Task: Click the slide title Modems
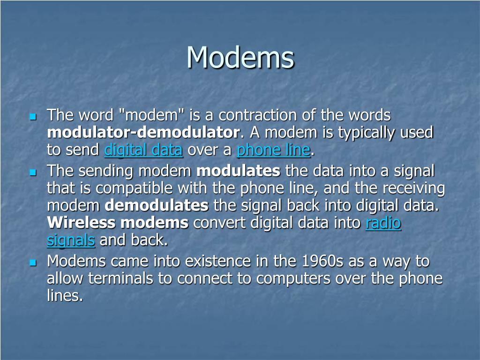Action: pyautogui.click(x=240, y=58)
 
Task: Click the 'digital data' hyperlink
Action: pyautogui.click(x=143, y=150)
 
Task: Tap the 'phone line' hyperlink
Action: pyautogui.click(x=273, y=150)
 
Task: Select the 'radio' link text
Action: pyautogui.click(x=383, y=223)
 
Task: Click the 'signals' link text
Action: pyautogui.click(x=71, y=241)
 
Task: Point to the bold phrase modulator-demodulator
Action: pyautogui.click(x=143, y=133)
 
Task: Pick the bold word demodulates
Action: pyautogui.click(x=156, y=206)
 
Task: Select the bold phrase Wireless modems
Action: pyautogui.click(x=118, y=223)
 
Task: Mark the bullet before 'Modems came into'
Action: pyautogui.click(x=32, y=262)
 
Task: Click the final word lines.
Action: pyautogui.click(x=65, y=296)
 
